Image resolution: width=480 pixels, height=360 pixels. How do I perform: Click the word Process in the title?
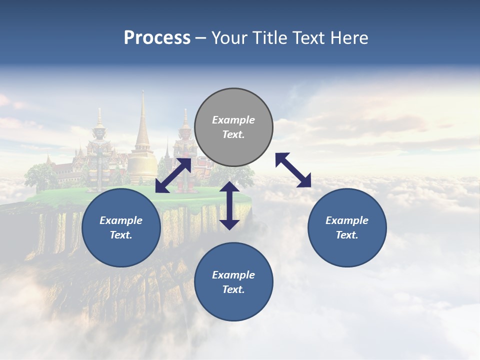pos(157,38)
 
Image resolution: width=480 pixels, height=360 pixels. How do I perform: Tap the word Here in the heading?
pos(349,38)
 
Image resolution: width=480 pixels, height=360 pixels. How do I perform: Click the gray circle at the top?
pos(233,127)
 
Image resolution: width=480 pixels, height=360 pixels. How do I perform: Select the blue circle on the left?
pos(121,227)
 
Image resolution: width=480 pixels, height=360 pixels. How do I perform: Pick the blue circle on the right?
pos(347,227)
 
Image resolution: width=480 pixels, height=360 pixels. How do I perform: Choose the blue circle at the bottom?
pos(233,281)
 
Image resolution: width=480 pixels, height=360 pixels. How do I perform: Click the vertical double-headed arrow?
pos(229,205)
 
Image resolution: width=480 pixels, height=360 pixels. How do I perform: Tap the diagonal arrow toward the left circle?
pos(173,175)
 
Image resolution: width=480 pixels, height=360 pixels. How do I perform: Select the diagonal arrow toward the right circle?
pos(293,170)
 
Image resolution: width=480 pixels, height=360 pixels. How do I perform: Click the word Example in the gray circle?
pos(233,120)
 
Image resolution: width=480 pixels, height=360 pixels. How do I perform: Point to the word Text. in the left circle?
pos(121,235)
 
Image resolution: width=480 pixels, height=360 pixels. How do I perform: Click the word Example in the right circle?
pos(347,220)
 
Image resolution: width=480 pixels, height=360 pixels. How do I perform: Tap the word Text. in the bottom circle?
pos(233,289)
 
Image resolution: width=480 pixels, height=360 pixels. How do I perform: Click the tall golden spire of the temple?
pos(142,125)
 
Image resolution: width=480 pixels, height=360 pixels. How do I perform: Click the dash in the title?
pos(201,38)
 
